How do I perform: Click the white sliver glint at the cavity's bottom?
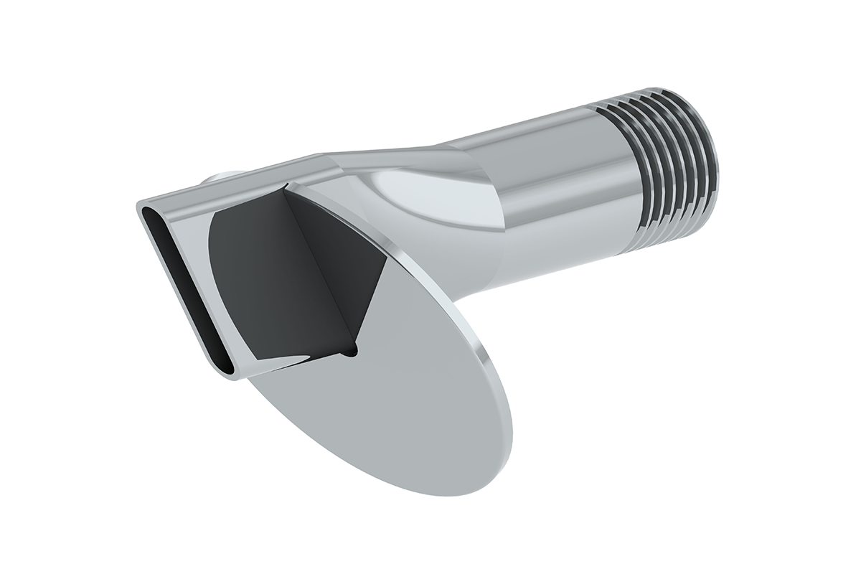pos(301,359)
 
